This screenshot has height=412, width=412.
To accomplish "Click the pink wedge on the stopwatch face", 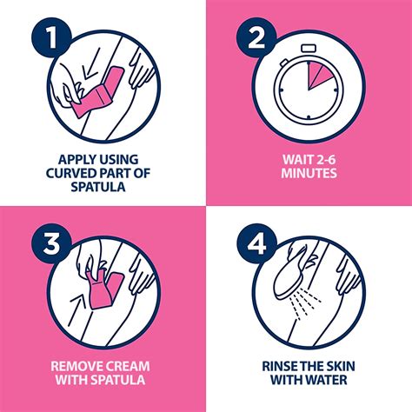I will click(323, 77).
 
